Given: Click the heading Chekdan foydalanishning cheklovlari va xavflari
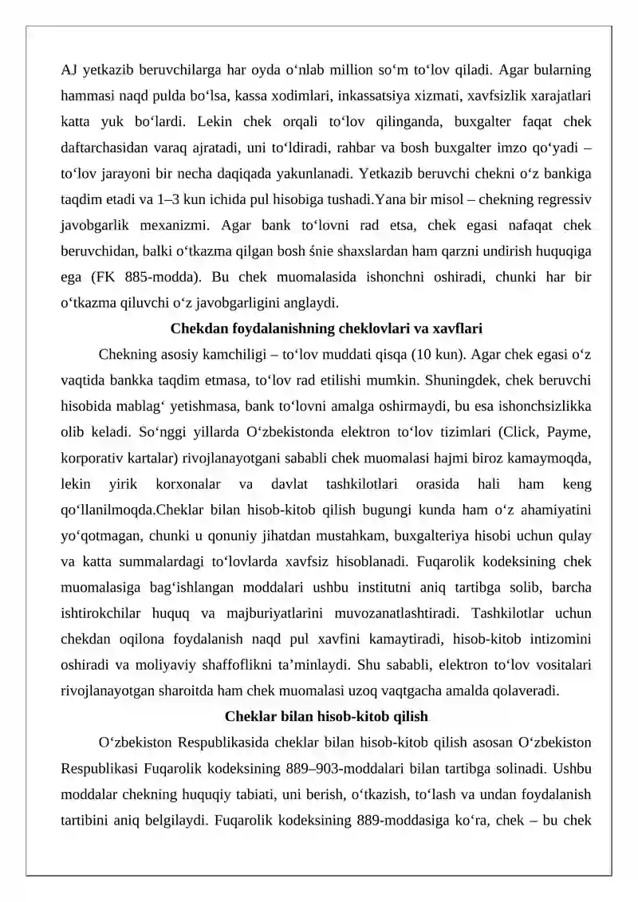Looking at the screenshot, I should tap(326, 329).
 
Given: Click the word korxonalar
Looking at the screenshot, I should tap(180, 483).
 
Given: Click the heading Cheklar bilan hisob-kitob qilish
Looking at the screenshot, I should tap(326, 716).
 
